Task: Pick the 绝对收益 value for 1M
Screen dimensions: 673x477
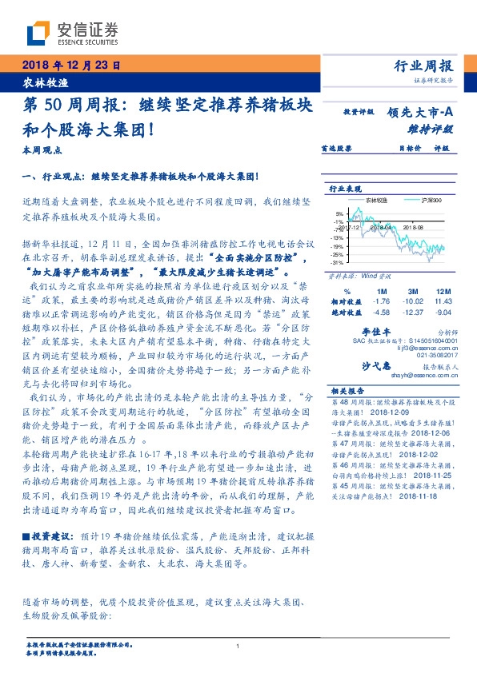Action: point(382,312)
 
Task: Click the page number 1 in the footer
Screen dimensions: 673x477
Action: point(238,646)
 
